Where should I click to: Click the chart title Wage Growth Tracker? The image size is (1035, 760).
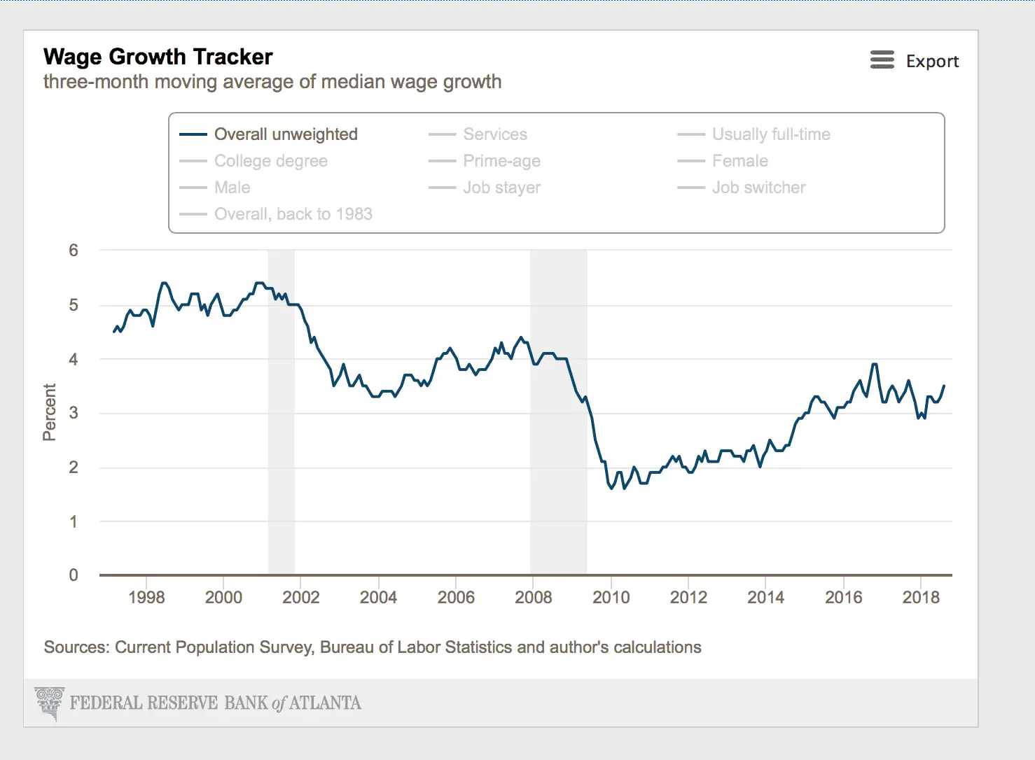point(158,57)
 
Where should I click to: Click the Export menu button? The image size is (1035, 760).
point(914,61)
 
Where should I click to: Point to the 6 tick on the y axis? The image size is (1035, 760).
point(74,251)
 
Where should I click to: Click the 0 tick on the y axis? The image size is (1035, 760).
point(74,575)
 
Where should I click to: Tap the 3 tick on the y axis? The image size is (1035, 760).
point(74,413)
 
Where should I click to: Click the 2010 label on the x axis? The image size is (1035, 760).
point(611,598)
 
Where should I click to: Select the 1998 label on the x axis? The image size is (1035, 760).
point(146,598)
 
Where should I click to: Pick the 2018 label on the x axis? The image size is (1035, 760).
point(921,598)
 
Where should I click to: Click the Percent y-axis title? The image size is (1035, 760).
point(49,412)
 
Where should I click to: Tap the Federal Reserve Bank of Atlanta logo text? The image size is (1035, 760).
point(215,703)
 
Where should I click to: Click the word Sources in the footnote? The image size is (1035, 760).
point(76,647)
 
